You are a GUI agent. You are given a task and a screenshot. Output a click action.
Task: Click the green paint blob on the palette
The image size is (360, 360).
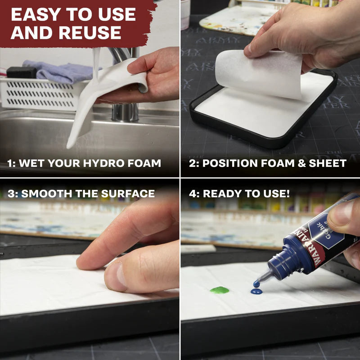tap(219, 290)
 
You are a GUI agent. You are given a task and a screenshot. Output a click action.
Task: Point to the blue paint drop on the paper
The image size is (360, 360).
tap(256, 292)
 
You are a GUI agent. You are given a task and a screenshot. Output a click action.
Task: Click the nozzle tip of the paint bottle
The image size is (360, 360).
tap(256, 283)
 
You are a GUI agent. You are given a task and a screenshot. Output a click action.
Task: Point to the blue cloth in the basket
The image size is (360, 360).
tap(58, 72)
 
